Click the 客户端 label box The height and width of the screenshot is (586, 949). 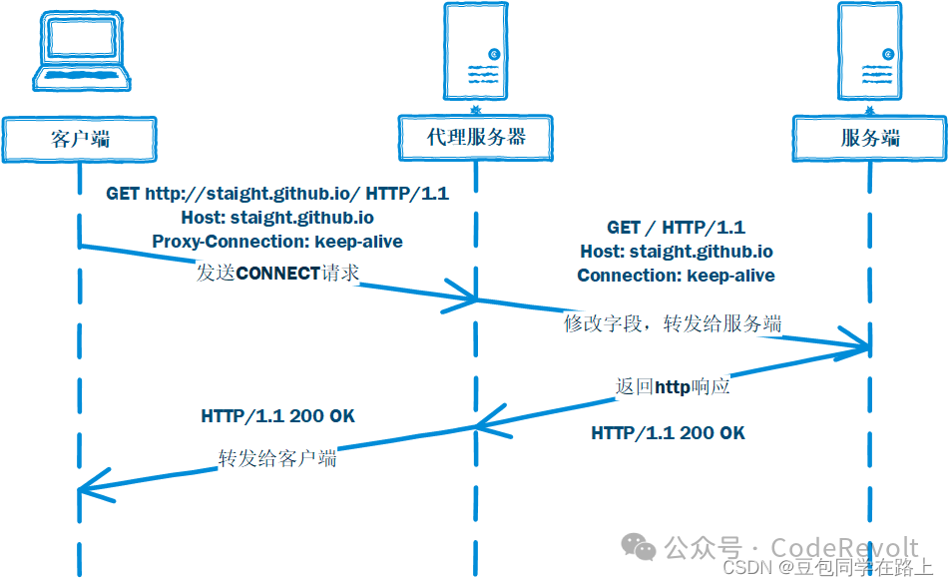pyautogui.click(x=80, y=138)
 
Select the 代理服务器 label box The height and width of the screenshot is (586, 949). pyautogui.click(x=476, y=137)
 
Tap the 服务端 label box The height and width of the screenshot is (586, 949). pyautogui.click(x=870, y=138)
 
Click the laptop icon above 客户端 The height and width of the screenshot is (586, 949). pyautogui.click(x=79, y=57)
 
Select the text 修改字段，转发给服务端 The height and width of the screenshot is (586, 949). pyautogui.click(x=673, y=323)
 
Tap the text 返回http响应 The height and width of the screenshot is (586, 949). pyautogui.click(x=673, y=386)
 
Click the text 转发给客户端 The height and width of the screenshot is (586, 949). pyautogui.click(x=277, y=458)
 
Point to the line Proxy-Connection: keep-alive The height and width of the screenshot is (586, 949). pyautogui.click(x=277, y=241)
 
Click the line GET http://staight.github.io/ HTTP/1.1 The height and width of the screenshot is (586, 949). pyautogui.click(x=277, y=194)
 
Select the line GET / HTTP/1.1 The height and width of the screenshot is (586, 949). pyautogui.click(x=676, y=228)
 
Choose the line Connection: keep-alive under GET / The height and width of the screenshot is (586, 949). pyautogui.click(x=676, y=275)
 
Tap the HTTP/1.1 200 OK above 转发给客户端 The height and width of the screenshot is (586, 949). pyautogui.click(x=277, y=415)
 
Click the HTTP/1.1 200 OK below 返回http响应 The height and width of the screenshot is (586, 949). pyautogui.click(x=668, y=432)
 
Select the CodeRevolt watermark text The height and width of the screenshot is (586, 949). pyautogui.click(x=844, y=547)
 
